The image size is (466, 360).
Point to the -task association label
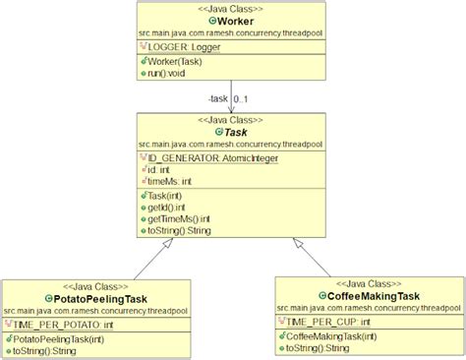point(219,99)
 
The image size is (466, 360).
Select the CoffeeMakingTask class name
point(370,295)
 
